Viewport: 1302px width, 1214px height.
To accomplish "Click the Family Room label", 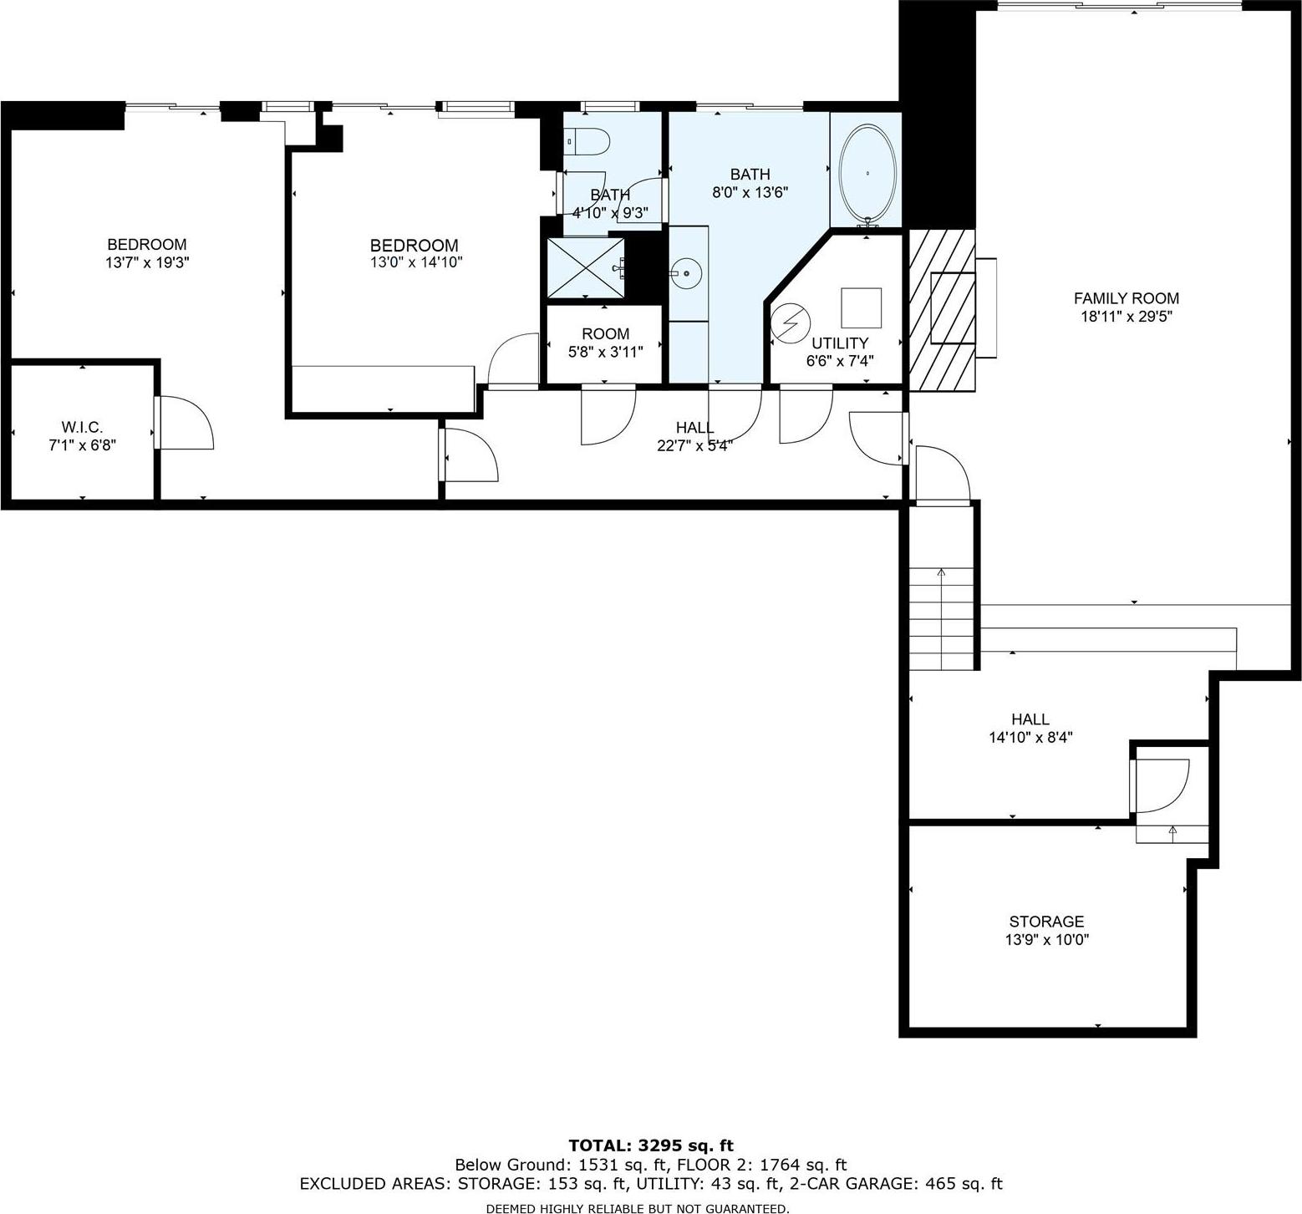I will (1126, 298).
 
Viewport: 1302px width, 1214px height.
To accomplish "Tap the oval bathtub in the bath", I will (867, 173).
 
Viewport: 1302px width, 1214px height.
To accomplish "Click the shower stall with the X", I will (585, 267).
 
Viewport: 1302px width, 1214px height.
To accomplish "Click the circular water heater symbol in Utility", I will (790, 322).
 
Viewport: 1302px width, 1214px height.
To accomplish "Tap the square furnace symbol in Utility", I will (861, 307).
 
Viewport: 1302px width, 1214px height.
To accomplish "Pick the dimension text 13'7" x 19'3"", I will (146, 262).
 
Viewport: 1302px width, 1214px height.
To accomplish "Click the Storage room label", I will (1046, 922).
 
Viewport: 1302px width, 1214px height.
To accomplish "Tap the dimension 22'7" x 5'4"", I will (694, 445).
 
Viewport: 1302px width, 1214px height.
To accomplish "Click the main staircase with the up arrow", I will (942, 619).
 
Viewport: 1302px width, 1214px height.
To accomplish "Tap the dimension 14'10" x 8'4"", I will (1030, 737).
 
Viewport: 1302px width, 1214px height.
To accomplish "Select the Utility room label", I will (839, 343).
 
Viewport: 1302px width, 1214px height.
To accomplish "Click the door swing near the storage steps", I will (1160, 785).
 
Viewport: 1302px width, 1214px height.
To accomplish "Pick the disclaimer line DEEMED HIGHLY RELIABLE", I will (637, 1208).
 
